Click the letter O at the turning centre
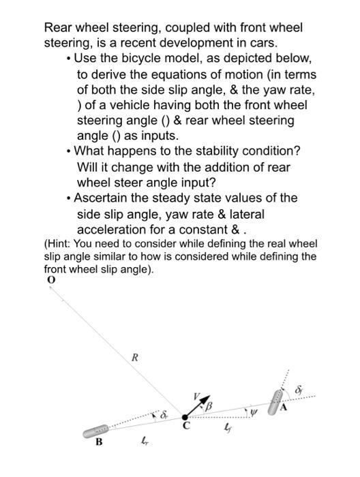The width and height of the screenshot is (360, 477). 50,279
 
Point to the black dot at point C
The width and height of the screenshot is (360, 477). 185,418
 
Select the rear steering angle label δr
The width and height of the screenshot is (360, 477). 163,414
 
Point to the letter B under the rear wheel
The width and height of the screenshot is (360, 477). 99,443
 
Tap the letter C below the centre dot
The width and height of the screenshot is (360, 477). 184,428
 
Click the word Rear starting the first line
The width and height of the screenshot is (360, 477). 59,28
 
